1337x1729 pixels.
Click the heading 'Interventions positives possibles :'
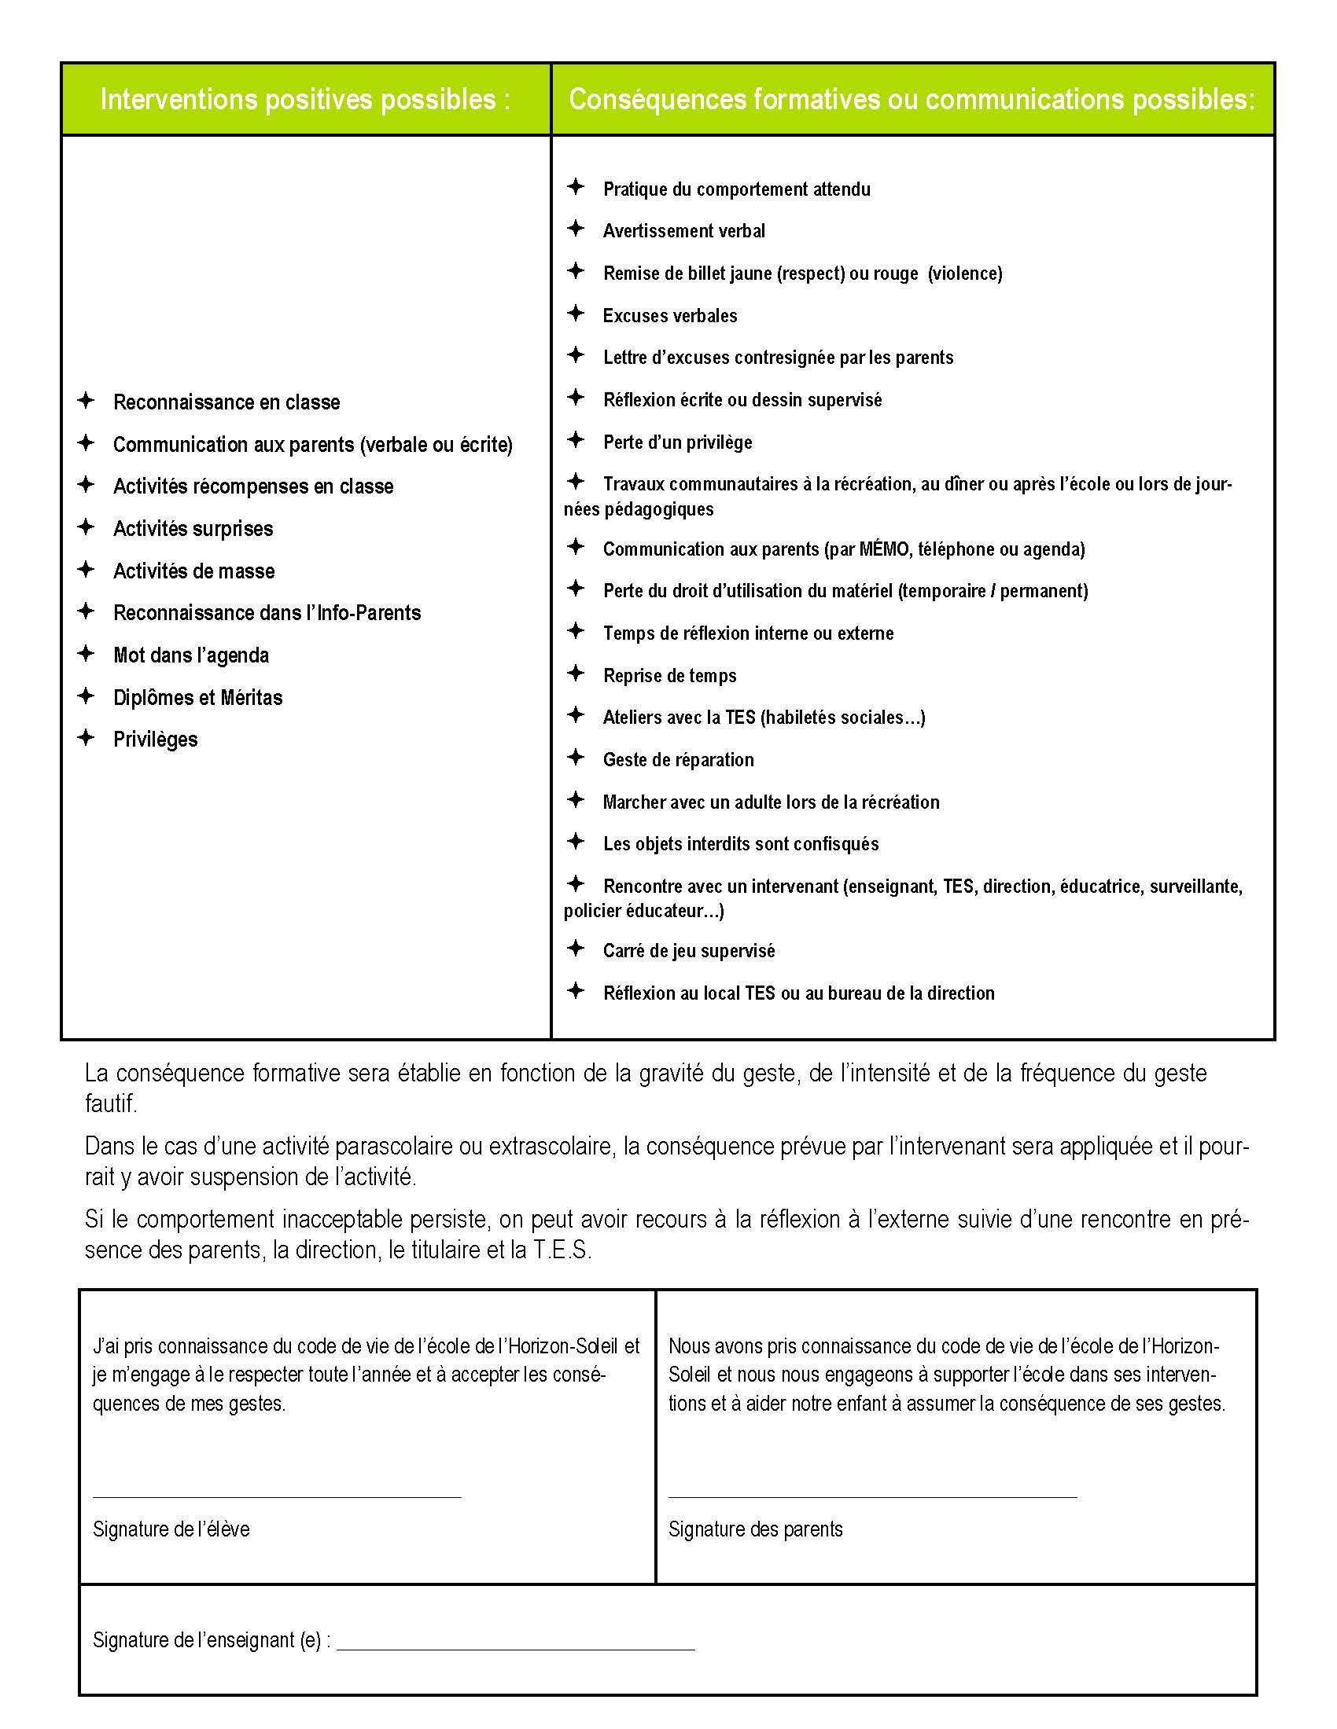click(x=305, y=100)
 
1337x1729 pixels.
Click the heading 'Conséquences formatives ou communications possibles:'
click(x=912, y=100)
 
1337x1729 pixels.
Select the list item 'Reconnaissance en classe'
click(x=227, y=402)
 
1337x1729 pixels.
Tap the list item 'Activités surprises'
click(x=193, y=529)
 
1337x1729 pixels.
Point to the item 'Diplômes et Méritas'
click(x=198, y=697)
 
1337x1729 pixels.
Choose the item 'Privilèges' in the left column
click(x=155, y=740)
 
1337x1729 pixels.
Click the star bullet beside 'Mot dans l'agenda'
click(x=86, y=654)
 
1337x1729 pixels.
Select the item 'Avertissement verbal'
click(x=683, y=231)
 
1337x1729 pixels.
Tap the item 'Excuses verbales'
click(x=669, y=316)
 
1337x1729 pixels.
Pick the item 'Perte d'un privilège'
click(x=677, y=442)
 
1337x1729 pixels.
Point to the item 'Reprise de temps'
click(x=669, y=676)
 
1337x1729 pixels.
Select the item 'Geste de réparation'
click(x=678, y=760)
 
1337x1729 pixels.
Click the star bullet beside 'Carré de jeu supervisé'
click(x=576, y=949)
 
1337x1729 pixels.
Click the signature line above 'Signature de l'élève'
click(x=276, y=1496)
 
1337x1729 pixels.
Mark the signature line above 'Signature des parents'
click(x=872, y=1496)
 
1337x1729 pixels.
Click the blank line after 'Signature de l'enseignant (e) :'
click(x=515, y=1649)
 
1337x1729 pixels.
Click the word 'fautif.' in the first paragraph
click(x=111, y=1103)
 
